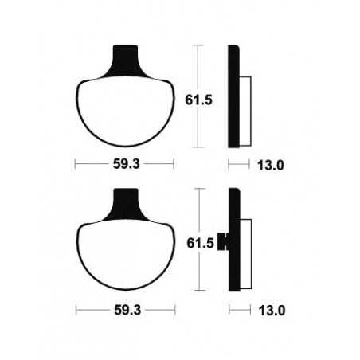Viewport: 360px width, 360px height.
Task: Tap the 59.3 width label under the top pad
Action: tap(123, 166)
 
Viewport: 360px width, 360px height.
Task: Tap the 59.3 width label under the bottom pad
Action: tap(123, 308)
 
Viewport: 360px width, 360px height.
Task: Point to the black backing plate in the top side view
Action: tap(233, 96)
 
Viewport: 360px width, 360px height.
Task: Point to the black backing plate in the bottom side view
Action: tap(233, 238)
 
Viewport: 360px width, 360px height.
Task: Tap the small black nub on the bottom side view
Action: tap(226, 239)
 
